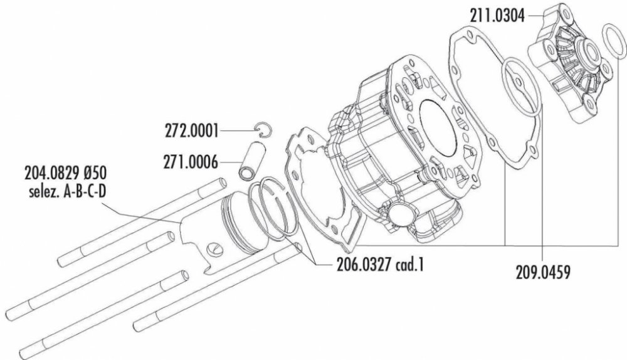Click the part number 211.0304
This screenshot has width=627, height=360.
pos(497,17)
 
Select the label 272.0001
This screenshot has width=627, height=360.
pos(191,131)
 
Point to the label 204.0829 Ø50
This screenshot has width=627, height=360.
pos(65,174)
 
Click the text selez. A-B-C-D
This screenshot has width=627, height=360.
pos(68,193)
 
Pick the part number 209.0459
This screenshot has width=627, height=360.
pos(542,273)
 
